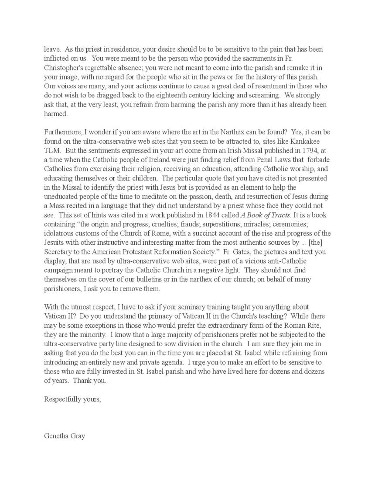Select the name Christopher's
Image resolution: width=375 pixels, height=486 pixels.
click(x=64, y=68)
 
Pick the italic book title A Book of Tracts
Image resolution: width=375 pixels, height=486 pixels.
click(x=266, y=215)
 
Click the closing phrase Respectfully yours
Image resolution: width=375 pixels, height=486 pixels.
click(x=72, y=399)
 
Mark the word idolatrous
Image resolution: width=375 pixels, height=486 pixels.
click(x=61, y=233)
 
